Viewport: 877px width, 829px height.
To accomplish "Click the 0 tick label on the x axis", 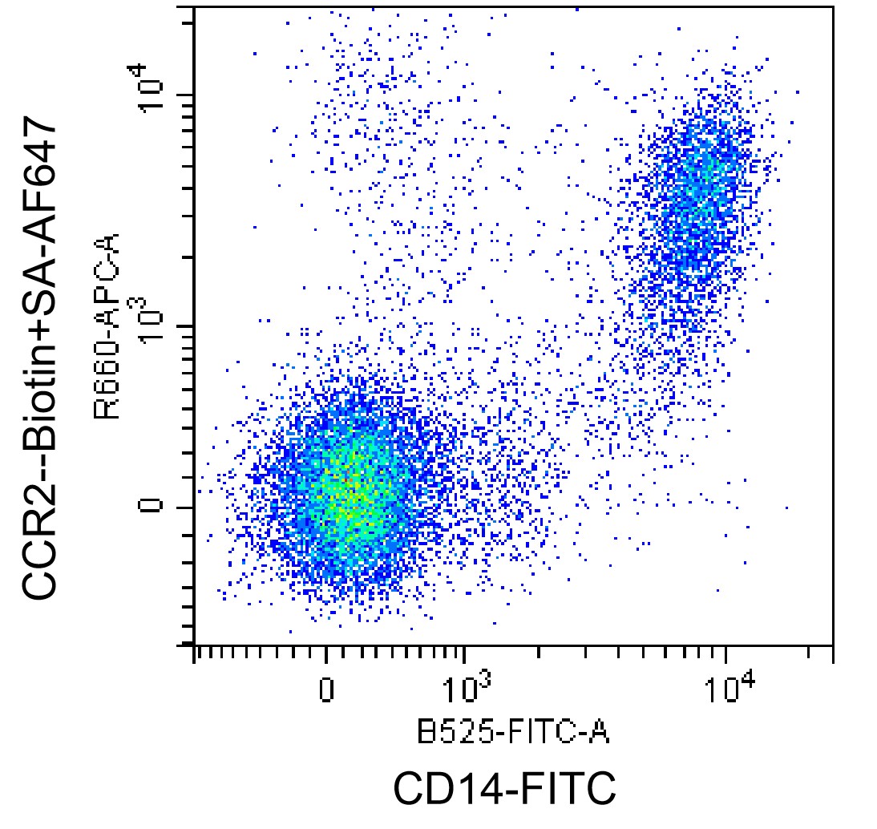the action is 326,690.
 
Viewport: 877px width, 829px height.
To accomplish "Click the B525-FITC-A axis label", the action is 513,732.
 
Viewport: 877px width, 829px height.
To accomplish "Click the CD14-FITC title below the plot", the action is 504,788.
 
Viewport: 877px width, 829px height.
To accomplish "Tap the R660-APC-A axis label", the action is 107,326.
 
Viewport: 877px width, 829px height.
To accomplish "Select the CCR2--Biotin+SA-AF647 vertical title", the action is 39,358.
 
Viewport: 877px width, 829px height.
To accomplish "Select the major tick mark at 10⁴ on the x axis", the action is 726,653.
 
